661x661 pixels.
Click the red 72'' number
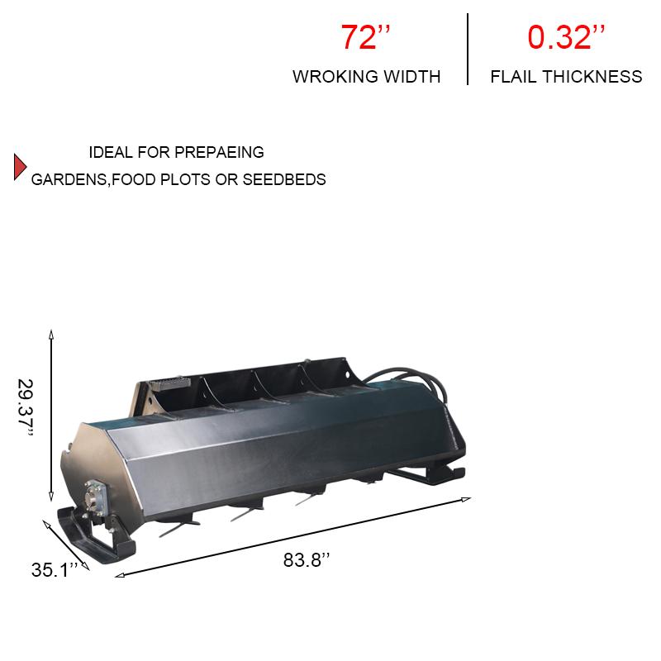tap(365, 37)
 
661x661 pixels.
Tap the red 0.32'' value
tap(566, 37)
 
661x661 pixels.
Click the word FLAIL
tap(513, 77)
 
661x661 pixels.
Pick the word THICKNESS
tap(592, 77)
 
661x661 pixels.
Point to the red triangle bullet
tap(20, 167)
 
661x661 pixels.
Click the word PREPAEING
tap(219, 152)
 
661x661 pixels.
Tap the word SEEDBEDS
tap(284, 179)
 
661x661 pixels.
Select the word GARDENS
tap(69, 179)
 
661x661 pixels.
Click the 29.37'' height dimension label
tap(26, 407)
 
